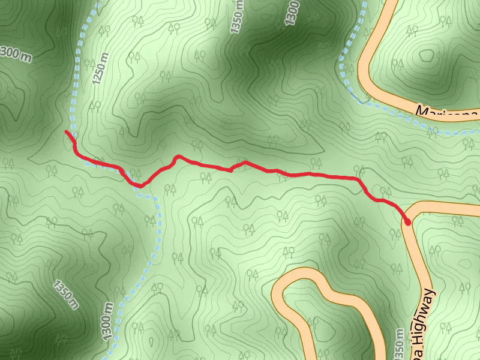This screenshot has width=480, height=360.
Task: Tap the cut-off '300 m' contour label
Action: [14, 53]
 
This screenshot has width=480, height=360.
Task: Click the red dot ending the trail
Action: [408, 223]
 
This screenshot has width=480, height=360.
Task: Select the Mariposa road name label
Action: [448, 112]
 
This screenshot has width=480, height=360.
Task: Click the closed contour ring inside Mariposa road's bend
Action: [427, 56]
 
